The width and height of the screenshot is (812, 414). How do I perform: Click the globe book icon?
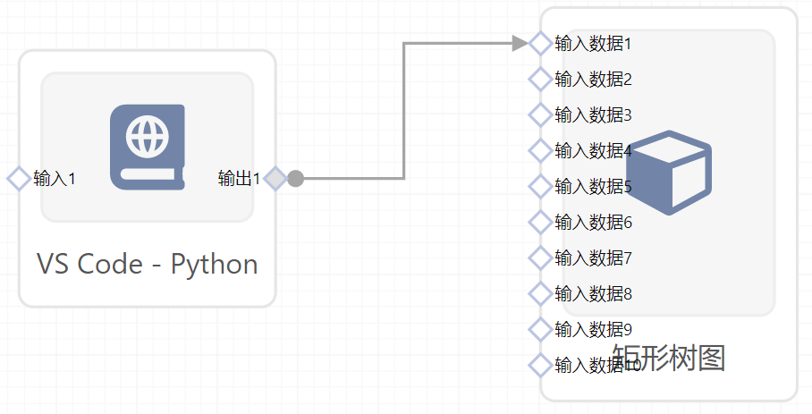[148, 147]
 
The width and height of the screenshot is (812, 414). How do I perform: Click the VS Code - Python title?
[148, 265]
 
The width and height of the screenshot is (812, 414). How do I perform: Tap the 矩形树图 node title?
[669, 358]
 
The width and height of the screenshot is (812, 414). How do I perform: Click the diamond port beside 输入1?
[19, 179]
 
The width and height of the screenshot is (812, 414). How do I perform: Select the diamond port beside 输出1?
[275, 179]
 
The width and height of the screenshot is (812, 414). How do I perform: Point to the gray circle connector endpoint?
[296, 179]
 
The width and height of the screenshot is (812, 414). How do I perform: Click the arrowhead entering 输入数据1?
[520, 43]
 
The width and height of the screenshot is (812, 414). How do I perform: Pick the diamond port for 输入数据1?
[540, 43]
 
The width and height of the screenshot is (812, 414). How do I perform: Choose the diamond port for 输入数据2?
[540, 79]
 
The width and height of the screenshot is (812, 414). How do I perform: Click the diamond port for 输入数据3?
[540, 114]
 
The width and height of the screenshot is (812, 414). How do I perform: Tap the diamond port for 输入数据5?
[540, 186]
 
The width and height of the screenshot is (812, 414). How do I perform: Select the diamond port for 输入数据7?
[540, 258]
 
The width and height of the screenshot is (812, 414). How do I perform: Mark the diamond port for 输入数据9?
[540, 329]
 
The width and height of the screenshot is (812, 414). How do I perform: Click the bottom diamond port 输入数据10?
[540, 365]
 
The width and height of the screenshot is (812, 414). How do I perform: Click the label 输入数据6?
[594, 222]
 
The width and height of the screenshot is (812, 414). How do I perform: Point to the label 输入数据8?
[594, 293]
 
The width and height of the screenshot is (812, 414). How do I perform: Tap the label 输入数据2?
[594, 79]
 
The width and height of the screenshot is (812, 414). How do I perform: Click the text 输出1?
[239, 179]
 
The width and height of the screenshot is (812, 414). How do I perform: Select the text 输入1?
[55, 179]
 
